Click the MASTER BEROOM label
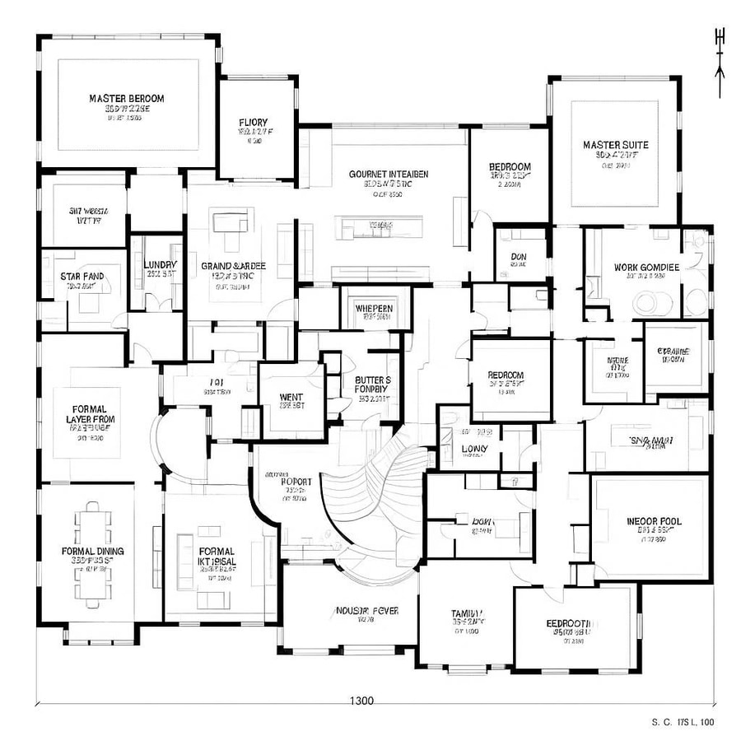click(x=127, y=98)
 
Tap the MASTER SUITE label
click(x=615, y=145)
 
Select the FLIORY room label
click(x=253, y=123)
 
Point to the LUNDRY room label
click(x=161, y=264)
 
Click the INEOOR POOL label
click(x=654, y=521)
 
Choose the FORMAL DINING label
click(x=93, y=551)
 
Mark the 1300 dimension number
click(x=361, y=701)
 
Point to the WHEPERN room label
click(x=374, y=308)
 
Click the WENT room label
click(x=291, y=398)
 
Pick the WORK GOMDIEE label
click(x=646, y=268)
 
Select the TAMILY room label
click(x=466, y=613)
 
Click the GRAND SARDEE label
click(x=234, y=266)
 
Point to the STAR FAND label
click(x=81, y=275)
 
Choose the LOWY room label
click(x=474, y=449)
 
